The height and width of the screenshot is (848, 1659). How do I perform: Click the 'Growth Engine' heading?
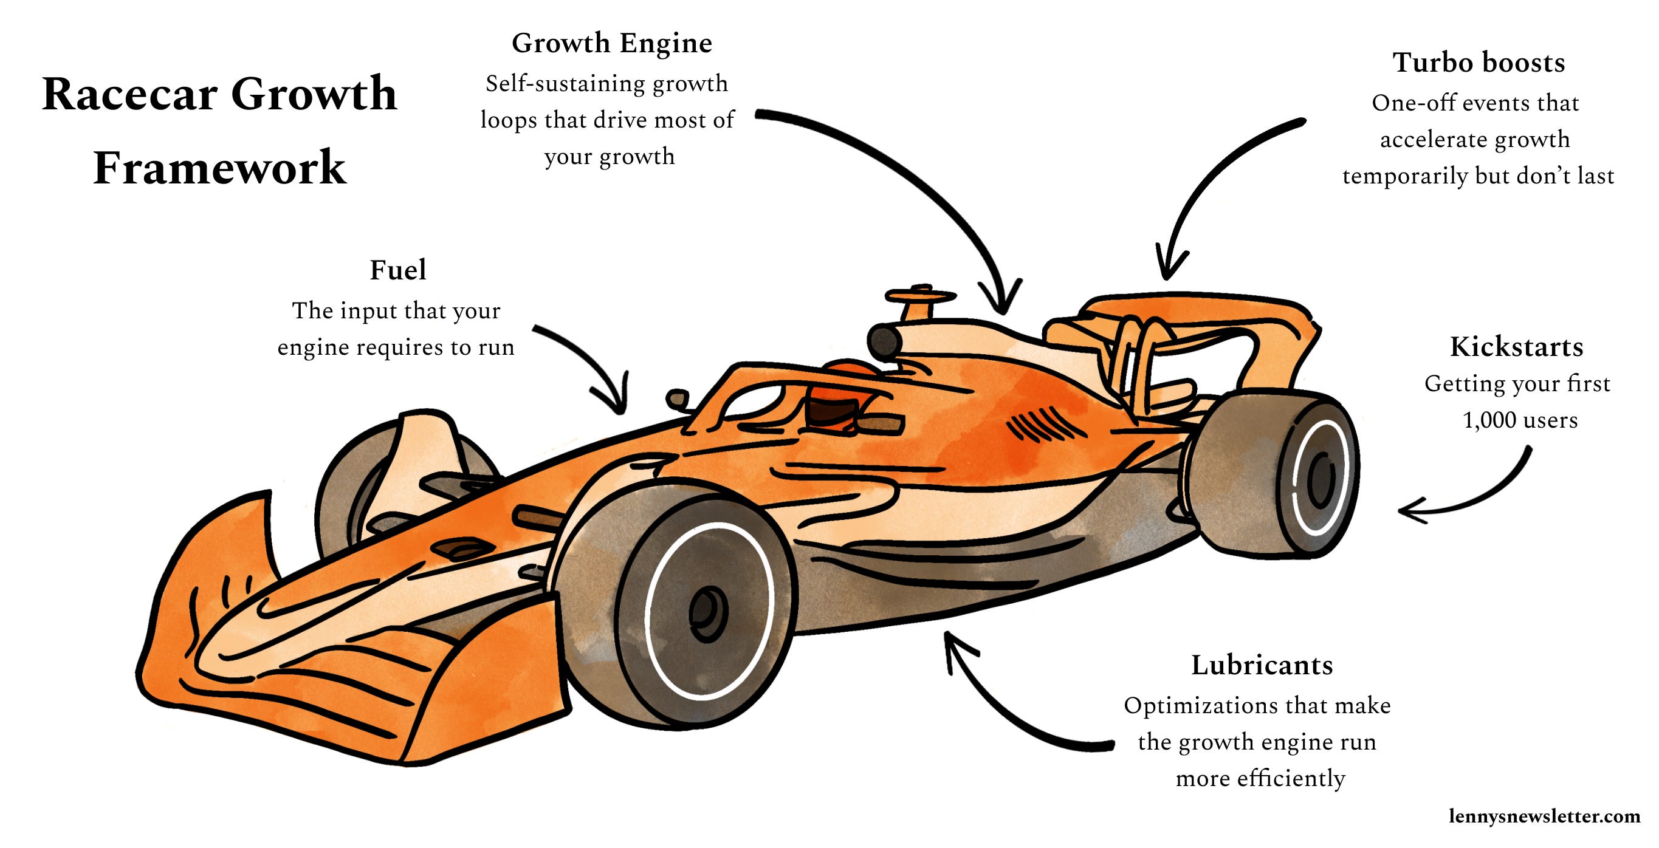pos(611,44)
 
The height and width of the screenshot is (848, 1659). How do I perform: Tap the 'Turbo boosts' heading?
pos(1479,63)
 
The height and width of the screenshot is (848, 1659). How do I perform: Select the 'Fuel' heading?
pos(397,270)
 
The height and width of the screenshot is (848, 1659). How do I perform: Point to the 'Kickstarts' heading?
pos(1516,347)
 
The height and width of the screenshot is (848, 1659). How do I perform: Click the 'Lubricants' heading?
pos(1262,665)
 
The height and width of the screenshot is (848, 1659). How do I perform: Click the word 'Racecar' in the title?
pos(129,95)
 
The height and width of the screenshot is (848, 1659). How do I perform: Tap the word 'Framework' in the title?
pos(219,168)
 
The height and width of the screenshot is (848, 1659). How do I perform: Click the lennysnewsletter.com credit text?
pos(1544,816)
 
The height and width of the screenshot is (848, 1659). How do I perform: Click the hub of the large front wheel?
pos(707,612)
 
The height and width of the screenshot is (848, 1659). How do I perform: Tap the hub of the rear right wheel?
pos(1321,480)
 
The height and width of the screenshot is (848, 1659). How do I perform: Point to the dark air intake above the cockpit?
pos(884,340)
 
